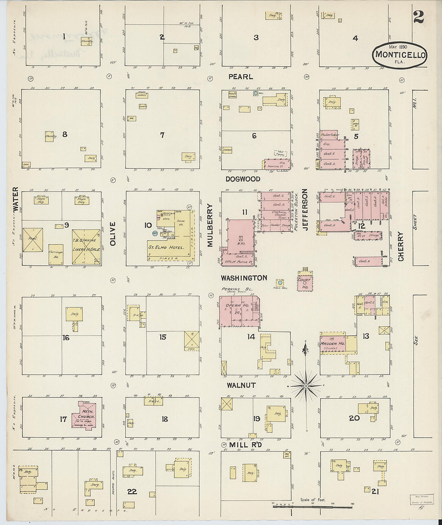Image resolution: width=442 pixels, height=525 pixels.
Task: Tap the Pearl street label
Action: (x=241, y=76)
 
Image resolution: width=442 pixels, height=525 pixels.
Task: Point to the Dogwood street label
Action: (x=243, y=179)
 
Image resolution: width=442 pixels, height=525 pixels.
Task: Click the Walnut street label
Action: (x=241, y=385)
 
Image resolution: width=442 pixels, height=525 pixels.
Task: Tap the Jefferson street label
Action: (x=305, y=210)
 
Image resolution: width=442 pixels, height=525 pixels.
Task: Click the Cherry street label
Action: (x=401, y=246)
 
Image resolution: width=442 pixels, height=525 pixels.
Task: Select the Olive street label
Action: (x=113, y=234)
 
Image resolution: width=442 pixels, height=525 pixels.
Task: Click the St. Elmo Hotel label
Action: (x=166, y=247)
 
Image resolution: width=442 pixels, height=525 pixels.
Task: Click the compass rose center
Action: (x=306, y=386)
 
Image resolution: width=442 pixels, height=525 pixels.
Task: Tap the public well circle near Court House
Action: (x=280, y=283)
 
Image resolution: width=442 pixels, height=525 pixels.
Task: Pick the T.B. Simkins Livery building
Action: (x=86, y=247)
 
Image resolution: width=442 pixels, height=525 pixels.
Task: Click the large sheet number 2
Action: (x=418, y=17)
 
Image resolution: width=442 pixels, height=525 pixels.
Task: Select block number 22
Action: (x=132, y=491)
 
